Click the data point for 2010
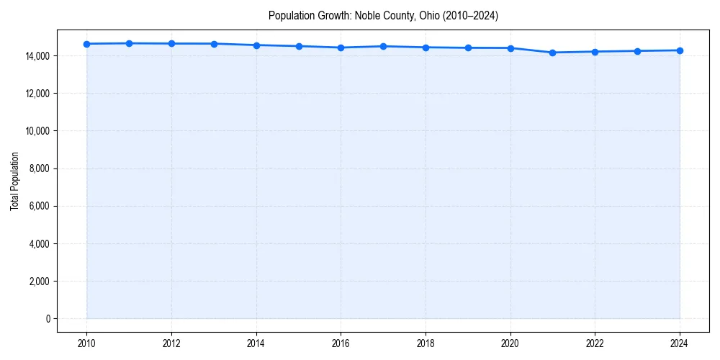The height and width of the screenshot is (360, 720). [86, 44]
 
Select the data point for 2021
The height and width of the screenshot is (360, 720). [552, 53]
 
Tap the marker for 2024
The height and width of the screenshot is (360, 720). [680, 50]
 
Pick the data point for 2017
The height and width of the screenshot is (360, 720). [383, 46]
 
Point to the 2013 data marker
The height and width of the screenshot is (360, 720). [214, 44]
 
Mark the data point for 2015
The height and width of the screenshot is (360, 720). [299, 46]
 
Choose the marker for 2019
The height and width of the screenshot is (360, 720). [468, 48]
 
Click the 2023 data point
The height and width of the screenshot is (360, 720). [637, 51]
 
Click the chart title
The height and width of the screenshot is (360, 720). [383, 15]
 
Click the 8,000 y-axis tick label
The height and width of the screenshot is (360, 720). [37, 168]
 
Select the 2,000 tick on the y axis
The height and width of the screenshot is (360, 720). [37, 282]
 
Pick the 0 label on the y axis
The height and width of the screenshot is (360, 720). [48, 319]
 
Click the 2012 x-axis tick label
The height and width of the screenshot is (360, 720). [171, 343]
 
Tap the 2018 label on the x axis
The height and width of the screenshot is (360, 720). [426, 343]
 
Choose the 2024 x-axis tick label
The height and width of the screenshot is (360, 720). [680, 343]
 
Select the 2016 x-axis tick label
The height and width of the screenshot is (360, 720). [341, 343]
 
